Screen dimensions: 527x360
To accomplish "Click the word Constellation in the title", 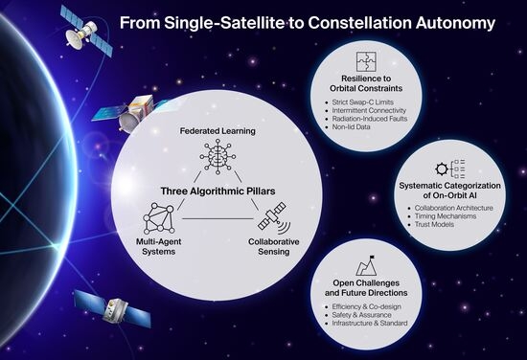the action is [x=360, y=23].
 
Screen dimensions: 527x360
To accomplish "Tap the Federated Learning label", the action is [x=218, y=131].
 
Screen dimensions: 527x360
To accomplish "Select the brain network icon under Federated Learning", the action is [x=218, y=157].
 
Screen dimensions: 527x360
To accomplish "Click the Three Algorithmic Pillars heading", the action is [x=218, y=191].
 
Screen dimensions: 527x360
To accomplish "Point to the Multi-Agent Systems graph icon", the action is [x=159, y=218].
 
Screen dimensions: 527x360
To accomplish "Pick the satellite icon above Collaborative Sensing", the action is [x=274, y=218].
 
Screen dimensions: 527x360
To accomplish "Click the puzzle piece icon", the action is [x=366, y=61].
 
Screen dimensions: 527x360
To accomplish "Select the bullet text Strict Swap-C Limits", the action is [x=362, y=102].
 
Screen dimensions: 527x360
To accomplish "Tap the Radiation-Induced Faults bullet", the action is [x=370, y=119].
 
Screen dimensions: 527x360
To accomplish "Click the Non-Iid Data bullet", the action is [x=351, y=127].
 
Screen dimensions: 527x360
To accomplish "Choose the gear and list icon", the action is [x=450, y=169].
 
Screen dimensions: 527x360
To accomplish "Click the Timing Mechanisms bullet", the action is [x=446, y=216].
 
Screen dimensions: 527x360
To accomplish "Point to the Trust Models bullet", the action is [x=434, y=224].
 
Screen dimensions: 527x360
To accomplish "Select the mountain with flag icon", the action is [x=366, y=265].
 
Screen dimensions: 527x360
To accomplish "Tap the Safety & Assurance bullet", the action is [x=361, y=315].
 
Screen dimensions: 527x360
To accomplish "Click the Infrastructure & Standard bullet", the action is [x=370, y=323].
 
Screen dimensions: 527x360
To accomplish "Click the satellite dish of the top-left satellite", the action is [x=74, y=40].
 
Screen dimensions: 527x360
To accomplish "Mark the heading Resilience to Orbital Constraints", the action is [x=366, y=83].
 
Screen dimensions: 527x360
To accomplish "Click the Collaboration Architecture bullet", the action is [x=454, y=208].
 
